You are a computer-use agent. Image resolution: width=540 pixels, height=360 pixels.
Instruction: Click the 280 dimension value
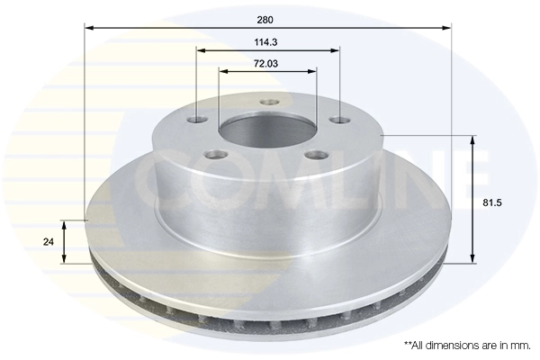click(265, 20)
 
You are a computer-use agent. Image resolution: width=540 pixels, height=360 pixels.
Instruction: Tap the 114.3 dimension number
click(265, 42)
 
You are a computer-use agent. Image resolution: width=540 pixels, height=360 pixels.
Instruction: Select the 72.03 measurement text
click(265, 63)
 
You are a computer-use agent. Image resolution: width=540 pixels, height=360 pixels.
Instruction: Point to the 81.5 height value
click(492, 202)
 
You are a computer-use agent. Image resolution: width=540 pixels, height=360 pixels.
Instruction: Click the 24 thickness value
click(49, 242)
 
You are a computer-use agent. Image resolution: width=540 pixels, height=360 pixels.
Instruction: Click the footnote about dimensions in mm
click(467, 346)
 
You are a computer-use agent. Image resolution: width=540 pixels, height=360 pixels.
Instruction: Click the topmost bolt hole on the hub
click(269, 103)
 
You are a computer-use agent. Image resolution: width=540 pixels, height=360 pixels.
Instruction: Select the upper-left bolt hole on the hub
click(198, 121)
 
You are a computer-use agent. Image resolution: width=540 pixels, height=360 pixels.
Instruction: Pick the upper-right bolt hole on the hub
click(339, 120)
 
